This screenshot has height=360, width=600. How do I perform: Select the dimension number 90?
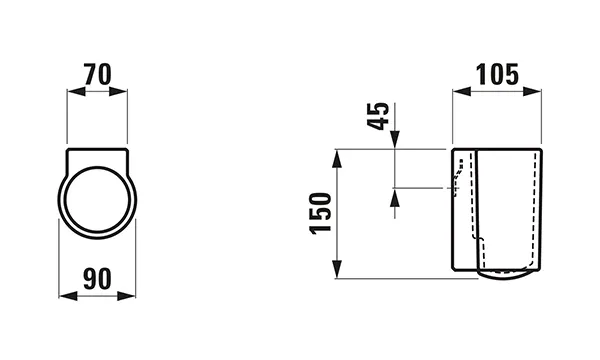(x=97, y=277)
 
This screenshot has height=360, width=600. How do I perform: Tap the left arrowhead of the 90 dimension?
(x=65, y=296)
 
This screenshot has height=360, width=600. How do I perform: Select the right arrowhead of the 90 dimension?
(x=130, y=296)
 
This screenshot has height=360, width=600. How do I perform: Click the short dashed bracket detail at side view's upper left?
(x=458, y=180)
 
